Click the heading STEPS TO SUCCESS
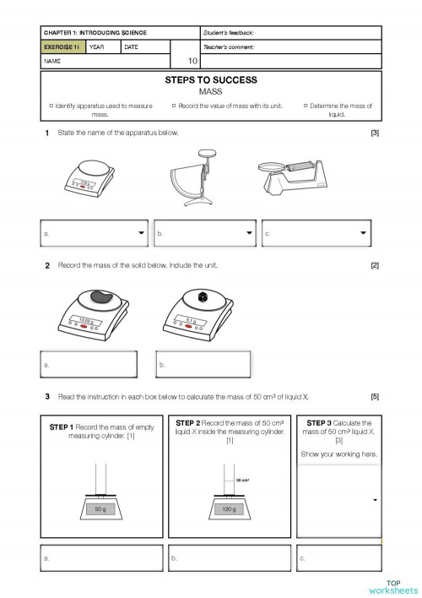(211, 80)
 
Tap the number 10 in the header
(192, 61)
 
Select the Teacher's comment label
(229, 47)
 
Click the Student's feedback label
(230, 32)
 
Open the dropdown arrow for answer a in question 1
(140, 232)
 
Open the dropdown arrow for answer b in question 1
(249, 232)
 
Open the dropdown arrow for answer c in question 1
(363, 232)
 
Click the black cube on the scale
(203, 297)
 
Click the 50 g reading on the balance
(100, 510)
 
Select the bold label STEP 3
(318, 422)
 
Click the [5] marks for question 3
(374, 396)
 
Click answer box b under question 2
(203, 364)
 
